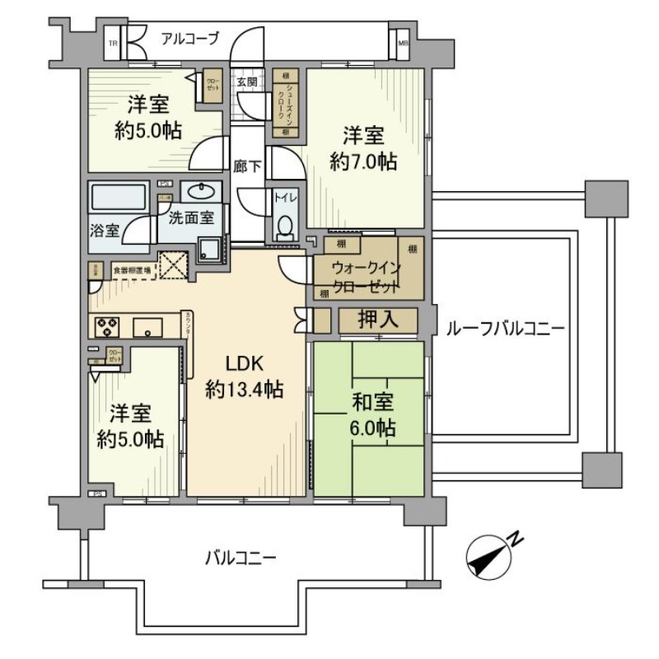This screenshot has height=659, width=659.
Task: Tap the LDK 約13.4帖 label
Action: coord(245,376)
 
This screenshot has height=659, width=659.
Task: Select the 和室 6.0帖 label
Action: coord(373,415)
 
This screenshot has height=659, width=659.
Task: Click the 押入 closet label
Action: coord(379,320)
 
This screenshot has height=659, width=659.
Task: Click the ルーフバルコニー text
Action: coord(504,327)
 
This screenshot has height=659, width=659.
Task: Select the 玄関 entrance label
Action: coord(246,82)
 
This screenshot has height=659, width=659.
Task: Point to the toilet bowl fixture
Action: coord(286,227)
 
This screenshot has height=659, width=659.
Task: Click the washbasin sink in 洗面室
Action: coord(201,192)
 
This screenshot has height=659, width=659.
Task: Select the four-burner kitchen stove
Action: coord(108,326)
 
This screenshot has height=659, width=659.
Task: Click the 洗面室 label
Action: coord(191,218)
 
